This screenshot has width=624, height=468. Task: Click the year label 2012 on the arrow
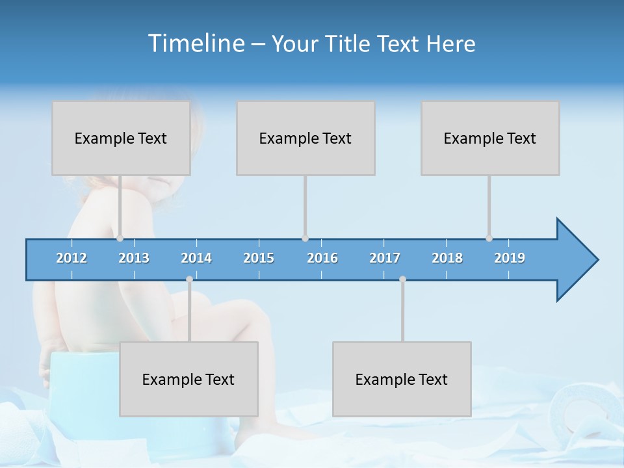click(71, 258)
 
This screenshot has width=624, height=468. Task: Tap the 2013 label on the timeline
click(134, 258)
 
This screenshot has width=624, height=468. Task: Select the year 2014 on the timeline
click(196, 258)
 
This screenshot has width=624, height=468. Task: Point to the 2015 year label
click(259, 258)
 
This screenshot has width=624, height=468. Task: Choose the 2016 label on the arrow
click(322, 258)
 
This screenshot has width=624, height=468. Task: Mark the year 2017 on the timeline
click(385, 258)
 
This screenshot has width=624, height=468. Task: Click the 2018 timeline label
click(447, 258)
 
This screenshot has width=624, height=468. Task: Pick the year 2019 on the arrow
click(510, 258)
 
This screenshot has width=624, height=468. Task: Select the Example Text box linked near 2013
click(121, 138)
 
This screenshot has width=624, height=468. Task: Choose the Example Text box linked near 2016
click(305, 138)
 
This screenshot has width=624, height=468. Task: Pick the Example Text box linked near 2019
click(490, 138)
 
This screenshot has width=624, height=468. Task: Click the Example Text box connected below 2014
click(188, 379)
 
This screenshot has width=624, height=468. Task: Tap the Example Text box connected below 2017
click(402, 379)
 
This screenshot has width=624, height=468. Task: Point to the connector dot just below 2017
click(402, 279)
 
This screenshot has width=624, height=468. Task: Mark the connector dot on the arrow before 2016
click(305, 239)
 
